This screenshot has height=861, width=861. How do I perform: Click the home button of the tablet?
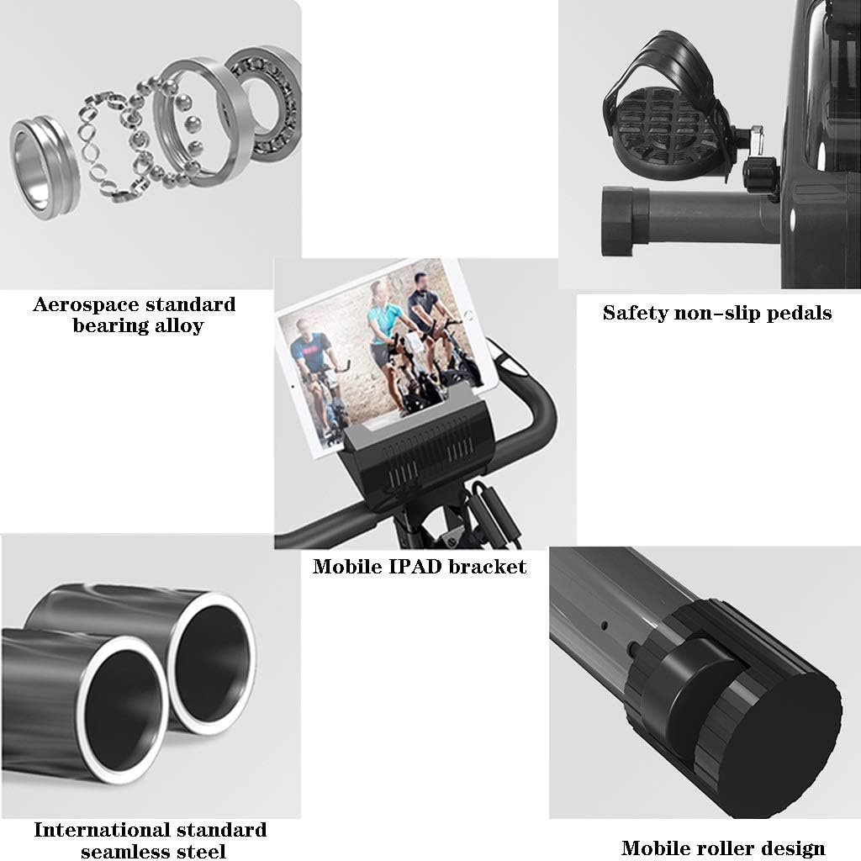tap(468, 315)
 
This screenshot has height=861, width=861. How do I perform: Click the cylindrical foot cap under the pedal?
tap(625, 221)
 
